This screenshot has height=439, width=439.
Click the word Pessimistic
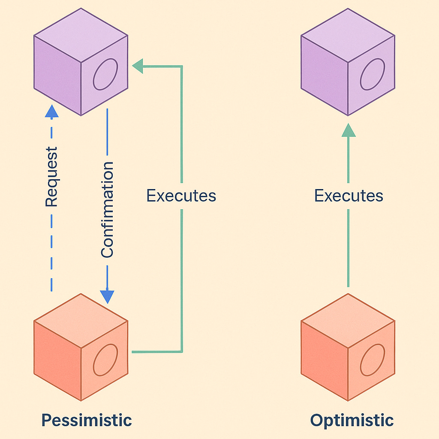coord(86,420)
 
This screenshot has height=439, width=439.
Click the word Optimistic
coord(352,420)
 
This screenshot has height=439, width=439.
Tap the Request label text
coord(51,177)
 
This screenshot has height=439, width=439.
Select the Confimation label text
coord(107,210)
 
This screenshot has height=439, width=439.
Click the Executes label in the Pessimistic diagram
coord(181,196)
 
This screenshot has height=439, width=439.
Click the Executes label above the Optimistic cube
coord(348,196)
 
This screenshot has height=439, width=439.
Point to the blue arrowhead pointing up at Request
coord(51,112)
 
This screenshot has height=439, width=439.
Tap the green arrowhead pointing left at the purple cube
coord(138,66)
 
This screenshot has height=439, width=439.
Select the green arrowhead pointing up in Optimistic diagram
coord(349,129)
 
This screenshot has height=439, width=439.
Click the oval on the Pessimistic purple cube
coord(105,74)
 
